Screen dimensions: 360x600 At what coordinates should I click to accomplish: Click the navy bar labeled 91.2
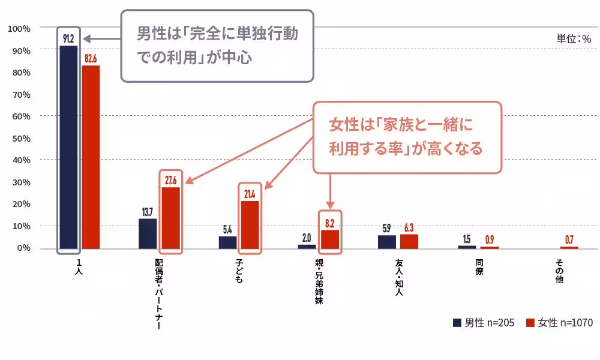pos(68,147)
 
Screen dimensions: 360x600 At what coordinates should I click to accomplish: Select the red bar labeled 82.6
pos(91,157)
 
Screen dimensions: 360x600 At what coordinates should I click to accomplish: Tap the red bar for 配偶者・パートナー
pos(170,218)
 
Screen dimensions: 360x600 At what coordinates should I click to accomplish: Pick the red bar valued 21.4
pos(250,224)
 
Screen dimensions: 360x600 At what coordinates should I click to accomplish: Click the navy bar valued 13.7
pos(148,233)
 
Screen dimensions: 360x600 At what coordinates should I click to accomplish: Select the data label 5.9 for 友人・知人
pos(386,229)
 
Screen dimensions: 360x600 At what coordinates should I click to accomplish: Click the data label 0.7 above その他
pos(569,240)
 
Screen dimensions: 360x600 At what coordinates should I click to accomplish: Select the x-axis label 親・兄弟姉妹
pos(319,282)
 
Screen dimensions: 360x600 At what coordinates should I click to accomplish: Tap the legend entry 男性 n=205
pos(483,323)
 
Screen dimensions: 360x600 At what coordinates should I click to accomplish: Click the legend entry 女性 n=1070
pos(559,323)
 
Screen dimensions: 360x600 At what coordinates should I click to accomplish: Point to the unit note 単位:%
pos(574,38)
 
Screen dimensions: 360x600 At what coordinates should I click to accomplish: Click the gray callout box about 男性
pos(217,46)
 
